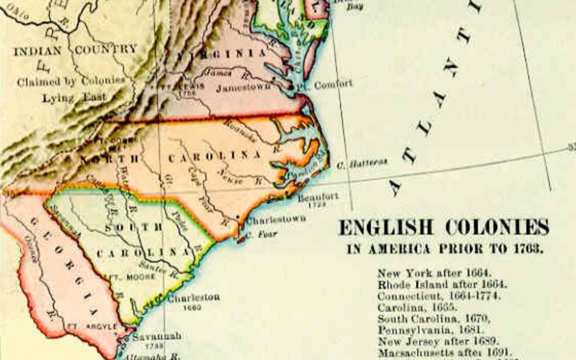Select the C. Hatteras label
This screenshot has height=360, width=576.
coord(362,163)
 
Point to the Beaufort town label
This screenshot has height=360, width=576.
coord(318,197)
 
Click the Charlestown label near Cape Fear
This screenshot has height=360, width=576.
coord(276,219)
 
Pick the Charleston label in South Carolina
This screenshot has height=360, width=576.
coord(193,298)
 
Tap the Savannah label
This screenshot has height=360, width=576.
coord(157,337)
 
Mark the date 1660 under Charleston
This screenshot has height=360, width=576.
coord(191,308)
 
